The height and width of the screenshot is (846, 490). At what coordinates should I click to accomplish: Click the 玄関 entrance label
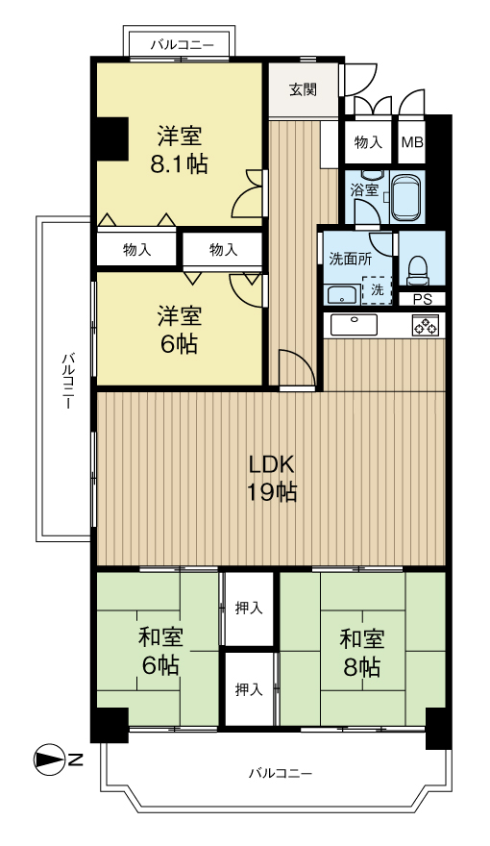[303, 89]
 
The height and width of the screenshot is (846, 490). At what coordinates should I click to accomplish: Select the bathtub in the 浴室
[407, 197]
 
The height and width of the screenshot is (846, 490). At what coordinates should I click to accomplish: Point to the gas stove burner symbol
[426, 326]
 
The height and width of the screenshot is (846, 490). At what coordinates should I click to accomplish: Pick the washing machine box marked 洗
[377, 290]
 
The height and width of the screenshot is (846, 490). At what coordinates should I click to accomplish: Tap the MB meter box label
[412, 142]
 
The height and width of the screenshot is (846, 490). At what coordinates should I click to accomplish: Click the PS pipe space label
[422, 299]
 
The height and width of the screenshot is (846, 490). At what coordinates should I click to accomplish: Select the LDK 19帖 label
[271, 478]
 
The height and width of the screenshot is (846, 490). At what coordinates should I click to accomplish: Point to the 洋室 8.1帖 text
[179, 150]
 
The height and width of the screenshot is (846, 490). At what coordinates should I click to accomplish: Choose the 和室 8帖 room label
[362, 653]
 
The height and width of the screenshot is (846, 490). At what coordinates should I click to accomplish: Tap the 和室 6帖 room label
[160, 651]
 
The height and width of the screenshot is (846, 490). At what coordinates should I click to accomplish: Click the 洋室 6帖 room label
[180, 330]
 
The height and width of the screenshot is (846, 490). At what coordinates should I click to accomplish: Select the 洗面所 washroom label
[351, 259]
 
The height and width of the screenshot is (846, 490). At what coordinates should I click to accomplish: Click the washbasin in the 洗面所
[342, 296]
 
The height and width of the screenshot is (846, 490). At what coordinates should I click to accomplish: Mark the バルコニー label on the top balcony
[182, 45]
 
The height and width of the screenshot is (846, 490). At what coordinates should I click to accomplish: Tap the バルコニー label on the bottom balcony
[281, 773]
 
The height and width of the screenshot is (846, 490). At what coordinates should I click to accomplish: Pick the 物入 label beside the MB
[368, 142]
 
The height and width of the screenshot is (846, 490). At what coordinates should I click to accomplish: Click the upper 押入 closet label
[249, 608]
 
